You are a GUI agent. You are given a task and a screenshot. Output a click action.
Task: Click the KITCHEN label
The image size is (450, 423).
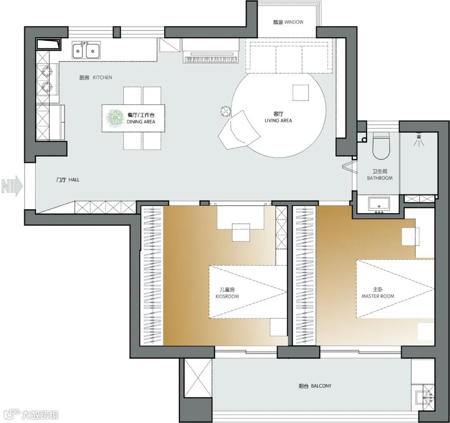coord(102,78)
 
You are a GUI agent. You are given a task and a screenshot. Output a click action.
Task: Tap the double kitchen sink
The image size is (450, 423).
coord(86,50)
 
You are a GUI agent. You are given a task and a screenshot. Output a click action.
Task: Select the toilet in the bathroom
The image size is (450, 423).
coord(380,145)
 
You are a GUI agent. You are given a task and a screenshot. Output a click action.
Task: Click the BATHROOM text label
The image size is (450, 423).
coord(380,178)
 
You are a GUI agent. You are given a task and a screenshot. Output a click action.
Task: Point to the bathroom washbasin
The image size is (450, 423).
coord(379,204)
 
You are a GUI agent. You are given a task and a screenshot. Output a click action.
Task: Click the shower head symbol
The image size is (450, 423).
coord(419,140)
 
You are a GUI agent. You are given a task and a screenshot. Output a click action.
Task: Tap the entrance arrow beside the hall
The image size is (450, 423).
coord(12,186)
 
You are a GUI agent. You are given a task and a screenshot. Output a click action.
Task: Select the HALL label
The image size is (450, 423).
coord(74,180)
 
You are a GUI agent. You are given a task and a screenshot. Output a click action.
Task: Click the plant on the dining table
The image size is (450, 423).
coord(115,118)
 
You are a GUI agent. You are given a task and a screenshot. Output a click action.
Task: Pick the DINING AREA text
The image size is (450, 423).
coord(141,122)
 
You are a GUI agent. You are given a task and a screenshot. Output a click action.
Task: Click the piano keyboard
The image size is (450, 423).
coord(211,59)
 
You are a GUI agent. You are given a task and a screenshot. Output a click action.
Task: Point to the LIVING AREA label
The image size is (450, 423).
coord(278,120)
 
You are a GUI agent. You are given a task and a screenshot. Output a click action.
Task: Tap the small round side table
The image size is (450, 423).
coord(225,111)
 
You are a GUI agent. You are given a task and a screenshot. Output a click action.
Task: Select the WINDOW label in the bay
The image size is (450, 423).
coord(294,22)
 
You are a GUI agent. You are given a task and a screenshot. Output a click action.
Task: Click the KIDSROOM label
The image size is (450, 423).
coord(227,296)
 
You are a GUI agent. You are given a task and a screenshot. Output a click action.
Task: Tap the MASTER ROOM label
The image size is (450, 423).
coord(377,296)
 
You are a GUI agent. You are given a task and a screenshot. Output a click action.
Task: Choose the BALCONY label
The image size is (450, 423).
coord(321,386)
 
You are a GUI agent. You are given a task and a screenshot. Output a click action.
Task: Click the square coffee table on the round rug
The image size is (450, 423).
coord(300,93)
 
